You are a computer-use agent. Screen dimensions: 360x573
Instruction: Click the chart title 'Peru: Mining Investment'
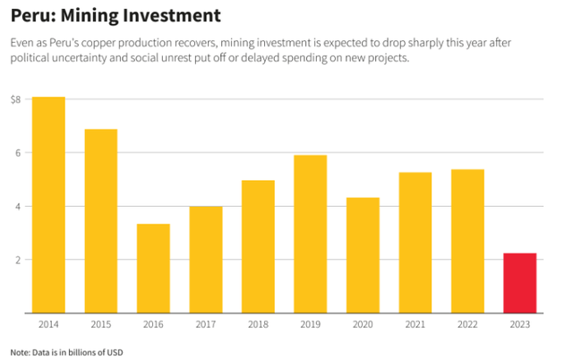(115, 16)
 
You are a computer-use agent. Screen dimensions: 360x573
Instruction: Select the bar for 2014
(48, 205)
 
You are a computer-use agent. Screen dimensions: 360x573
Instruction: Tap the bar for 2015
(101, 221)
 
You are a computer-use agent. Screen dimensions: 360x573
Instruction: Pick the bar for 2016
(153, 269)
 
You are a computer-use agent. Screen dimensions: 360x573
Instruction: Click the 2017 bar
(206, 260)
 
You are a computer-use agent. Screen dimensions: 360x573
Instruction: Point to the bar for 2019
(311, 234)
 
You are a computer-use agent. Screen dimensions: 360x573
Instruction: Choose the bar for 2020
(363, 255)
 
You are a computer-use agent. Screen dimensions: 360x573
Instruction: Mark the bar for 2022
(467, 241)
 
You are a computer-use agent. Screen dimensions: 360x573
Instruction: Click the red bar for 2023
(519, 283)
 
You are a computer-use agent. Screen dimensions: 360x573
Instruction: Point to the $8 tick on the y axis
(15, 99)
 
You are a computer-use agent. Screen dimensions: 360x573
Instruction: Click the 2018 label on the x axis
(258, 324)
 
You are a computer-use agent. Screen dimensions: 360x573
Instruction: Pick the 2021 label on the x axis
(415, 324)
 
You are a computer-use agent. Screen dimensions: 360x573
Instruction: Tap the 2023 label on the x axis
(519, 324)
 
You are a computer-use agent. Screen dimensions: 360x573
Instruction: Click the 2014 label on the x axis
(48, 324)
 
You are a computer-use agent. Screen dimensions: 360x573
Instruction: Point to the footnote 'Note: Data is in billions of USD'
(67, 352)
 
